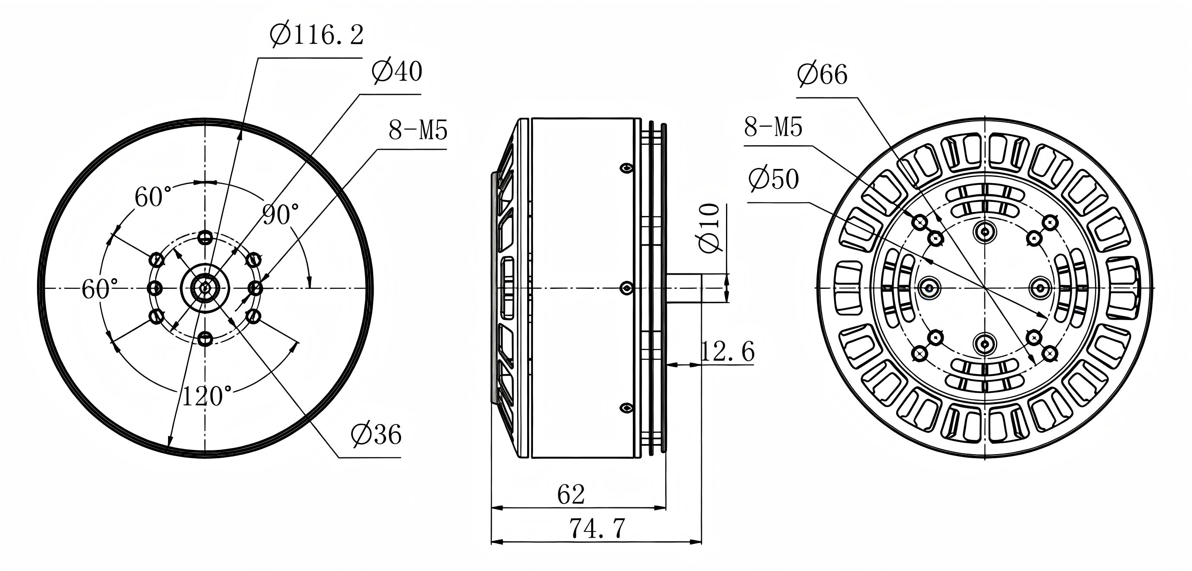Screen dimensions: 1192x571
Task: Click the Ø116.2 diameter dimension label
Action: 317,35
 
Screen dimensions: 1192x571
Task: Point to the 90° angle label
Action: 281,214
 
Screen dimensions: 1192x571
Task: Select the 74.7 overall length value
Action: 597,528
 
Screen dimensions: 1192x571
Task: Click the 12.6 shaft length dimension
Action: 728,351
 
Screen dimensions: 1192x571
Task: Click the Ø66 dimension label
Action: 822,74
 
